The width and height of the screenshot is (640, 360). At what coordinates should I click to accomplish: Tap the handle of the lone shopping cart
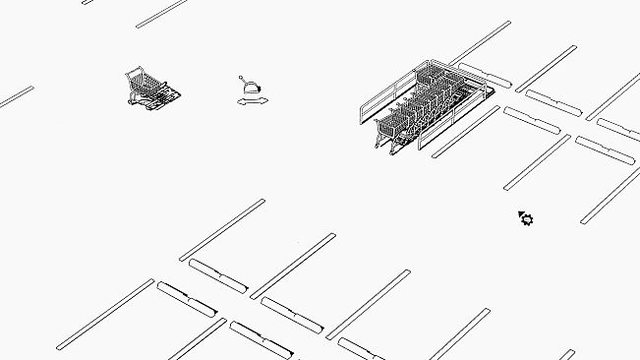coord(130,73)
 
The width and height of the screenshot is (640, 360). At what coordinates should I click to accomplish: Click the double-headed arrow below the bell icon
coord(253,101)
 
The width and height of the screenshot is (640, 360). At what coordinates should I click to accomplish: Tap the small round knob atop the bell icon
coord(242,77)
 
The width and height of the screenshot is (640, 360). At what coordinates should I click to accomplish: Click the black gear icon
coord(528,219)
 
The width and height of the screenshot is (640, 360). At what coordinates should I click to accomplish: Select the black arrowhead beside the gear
coord(520,213)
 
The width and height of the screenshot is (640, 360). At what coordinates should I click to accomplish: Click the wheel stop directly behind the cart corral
coord(485,74)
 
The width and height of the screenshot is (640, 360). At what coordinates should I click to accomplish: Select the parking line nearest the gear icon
coord(536,162)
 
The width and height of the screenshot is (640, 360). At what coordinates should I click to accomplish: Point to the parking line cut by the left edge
coord(16,96)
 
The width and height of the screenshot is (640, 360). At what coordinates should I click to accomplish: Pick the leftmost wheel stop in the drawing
coord(186,299)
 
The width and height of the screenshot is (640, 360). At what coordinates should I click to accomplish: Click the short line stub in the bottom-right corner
coord(567,354)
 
